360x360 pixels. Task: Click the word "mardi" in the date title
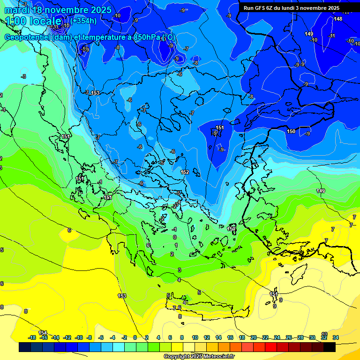point(17,10)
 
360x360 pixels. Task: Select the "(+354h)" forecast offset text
point(84,21)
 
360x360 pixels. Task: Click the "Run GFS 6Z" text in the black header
point(260,8)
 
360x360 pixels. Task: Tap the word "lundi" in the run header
point(294,8)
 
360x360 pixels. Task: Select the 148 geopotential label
point(338,19)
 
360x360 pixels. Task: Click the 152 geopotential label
point(185,172)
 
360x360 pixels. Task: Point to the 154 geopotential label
point(43,333)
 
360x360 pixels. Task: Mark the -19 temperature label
point(85,49)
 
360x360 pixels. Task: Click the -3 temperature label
point(24,76)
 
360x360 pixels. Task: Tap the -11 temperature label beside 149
point(332,36)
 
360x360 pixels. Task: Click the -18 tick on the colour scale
point(32,337)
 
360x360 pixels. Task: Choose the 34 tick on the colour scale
point(335,337)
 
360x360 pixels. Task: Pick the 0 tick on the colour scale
point(135,337)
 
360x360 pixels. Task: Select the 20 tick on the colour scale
point(254,337)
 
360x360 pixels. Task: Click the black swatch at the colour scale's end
point(330,347)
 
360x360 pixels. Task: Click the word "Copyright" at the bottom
point(177,356)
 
